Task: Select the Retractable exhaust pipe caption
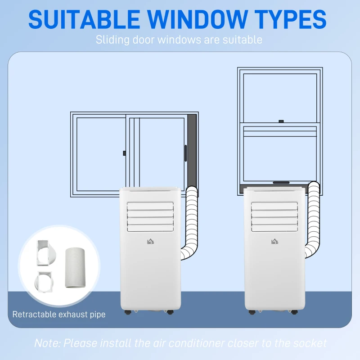click(59, 314)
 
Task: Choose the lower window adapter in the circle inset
click(45, 282)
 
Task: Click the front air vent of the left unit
click(150, 216)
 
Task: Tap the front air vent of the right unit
click(274, 216)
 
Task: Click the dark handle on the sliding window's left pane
click(124, 153)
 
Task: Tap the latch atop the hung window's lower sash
click(280, 121)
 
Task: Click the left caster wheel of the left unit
click(127, 311)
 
